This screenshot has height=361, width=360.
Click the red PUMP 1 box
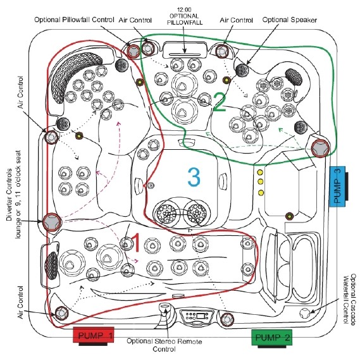tap(93, 334)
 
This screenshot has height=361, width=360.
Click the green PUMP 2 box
tap(272, 337)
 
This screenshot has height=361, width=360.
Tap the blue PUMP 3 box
tap(337, 187)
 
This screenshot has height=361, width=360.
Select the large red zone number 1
tap(135, 243)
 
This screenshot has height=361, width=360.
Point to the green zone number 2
tap(220, 102)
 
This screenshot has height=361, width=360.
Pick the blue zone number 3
tap(194, 177)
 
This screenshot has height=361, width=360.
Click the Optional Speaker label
tap(290, 20)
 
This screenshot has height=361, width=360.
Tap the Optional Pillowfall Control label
tap(74, 20)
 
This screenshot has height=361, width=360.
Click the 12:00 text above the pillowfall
tap(184, 10)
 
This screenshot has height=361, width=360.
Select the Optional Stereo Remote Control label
tap(164, 345)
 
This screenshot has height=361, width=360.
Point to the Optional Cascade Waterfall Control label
tap(350, 299)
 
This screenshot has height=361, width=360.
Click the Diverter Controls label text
tap(9, 195)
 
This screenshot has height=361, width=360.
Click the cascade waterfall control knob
tap(304, 312)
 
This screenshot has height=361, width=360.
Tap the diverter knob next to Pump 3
tap(320, 149)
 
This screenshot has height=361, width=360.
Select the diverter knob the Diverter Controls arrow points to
tap(52, 222)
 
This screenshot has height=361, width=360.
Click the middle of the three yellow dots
tap(260, 182)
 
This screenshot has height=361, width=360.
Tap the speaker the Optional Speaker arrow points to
tap(242, 70)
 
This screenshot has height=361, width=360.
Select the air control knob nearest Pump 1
tap(61, 313)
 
